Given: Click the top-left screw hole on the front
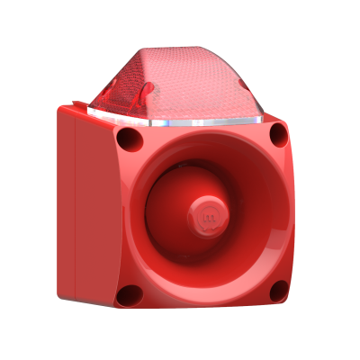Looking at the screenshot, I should coord(130,139).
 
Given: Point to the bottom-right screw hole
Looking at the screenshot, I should coord(278,291).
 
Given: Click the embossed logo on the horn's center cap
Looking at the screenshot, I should coord(207,219).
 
